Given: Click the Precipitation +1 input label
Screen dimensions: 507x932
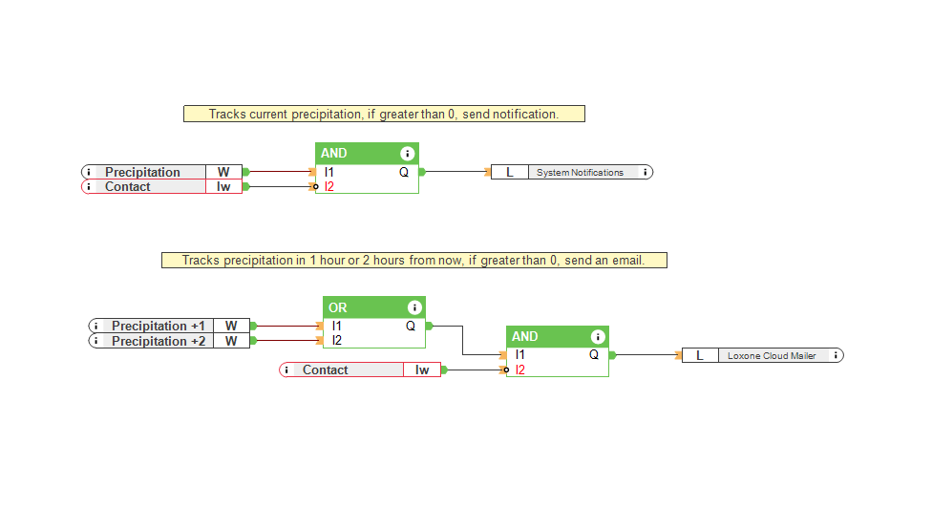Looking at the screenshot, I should pyautogui.click(x=158, y=327).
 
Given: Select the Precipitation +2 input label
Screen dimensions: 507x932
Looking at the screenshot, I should pyautogui.click(x=158, y=341).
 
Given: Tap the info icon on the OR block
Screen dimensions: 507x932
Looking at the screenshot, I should pyautogui.click(x=414, y=307).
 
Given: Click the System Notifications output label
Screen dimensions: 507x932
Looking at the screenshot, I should pyautogui.click(x=580, y=173).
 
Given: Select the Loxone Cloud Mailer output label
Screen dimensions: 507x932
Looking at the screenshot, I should pyautogui.click(x=772, y=355).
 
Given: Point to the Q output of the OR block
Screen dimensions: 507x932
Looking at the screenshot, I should pyautogui.click(x=411, y=327).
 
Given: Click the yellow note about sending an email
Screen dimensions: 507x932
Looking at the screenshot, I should pyautogui.click(x=413, y=260).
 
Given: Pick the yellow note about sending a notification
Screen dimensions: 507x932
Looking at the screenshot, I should pyautogui.click(x=383, y=114).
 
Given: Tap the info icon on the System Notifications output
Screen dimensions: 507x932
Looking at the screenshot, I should pyautogui.click(x=646, y=173).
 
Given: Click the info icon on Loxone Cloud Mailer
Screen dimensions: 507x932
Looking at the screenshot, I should pyautogui.click(x=837, y=355).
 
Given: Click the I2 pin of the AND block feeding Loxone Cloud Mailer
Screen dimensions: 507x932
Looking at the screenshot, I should pyautogui.click(x=519, y=370).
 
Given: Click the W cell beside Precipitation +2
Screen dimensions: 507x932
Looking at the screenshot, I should pyautogui.click(x=231, y=341).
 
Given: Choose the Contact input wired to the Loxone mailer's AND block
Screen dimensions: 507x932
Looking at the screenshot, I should pyautogui.click(x=326, y=370).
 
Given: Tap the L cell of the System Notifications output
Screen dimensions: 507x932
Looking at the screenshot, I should pyautogui.click(x=509, y=173).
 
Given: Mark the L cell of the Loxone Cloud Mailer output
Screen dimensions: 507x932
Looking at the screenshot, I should pyautogui.click(x=700, y=355).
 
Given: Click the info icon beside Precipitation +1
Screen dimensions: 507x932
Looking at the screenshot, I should pyautogui.click(x=96, y=327).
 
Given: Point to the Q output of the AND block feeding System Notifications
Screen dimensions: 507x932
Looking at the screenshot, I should pyautogui.click(x=404, y=173).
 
